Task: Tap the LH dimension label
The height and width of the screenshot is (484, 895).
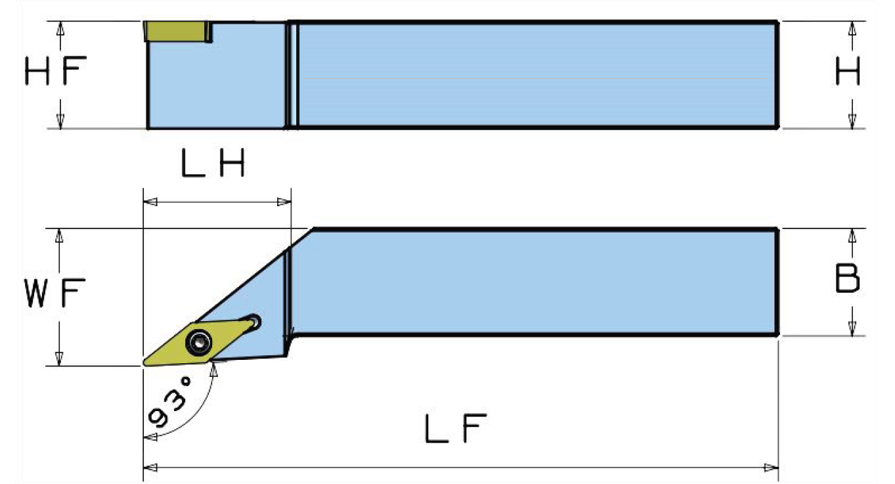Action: (x=213, y=165)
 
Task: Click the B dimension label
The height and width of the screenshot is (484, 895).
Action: (x=848, y=279)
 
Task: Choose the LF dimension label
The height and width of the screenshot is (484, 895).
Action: (x=456, y=430)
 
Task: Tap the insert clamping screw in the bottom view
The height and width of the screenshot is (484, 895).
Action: (x=198, y=341)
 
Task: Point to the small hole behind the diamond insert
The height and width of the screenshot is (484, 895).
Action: (x=253, y=322)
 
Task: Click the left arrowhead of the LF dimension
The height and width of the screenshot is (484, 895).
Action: (x=150, y=468)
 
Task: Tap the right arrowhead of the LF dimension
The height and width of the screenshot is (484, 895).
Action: (x=772, y=468)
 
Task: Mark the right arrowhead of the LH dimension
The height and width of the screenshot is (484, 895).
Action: (x=284, y=202)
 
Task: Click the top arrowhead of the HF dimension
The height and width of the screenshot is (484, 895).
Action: (x=60, y=28)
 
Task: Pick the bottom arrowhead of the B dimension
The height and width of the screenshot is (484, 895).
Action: (x=852, y=328)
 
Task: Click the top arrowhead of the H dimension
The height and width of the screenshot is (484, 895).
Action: (x=852, y=28)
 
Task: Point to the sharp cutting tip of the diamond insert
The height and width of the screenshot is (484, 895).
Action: (x=144, y=363)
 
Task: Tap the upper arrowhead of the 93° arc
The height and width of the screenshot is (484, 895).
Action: (x=213, y=370)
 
